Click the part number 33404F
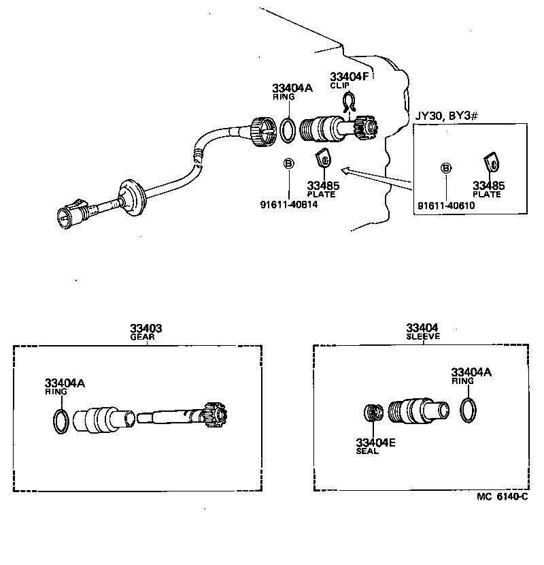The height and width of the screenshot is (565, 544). [x=349, y=77]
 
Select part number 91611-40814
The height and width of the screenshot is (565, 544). [x=288, y=203]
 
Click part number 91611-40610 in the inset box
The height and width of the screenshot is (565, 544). [x=446, y=205]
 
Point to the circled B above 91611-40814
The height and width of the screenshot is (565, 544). [x=288, y=163]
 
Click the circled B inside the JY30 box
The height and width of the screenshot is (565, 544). [x=446, y=167]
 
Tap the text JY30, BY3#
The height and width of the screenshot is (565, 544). [x=445, y=116]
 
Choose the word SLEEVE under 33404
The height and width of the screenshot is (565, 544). [x=423, y=336]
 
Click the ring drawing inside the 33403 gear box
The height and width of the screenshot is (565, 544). [x=60, y=421]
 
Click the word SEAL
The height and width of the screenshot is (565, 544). [x=367, y=451]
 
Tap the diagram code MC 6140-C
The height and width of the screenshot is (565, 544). [x=502, y=498]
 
